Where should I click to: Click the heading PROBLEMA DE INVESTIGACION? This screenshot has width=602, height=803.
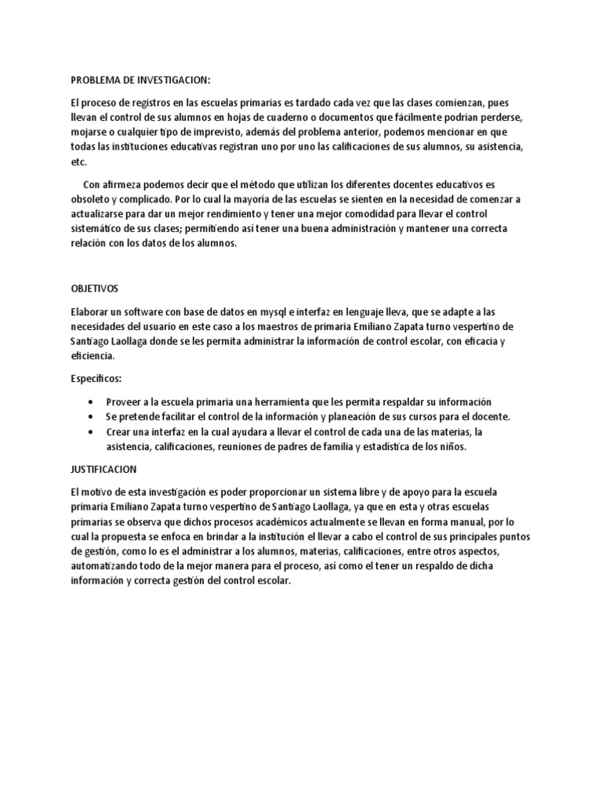coord(141,80)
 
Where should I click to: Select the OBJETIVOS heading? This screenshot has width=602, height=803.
coord(95,289)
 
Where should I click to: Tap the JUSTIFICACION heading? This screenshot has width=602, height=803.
coord(103,469)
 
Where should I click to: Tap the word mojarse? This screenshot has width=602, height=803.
coord(90,133)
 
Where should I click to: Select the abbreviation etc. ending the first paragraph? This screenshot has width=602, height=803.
coord(78,162)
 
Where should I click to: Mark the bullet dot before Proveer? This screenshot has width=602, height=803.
coord(95,401)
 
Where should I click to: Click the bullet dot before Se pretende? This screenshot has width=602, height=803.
coord(95,416)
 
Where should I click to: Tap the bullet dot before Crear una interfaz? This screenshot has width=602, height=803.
coord(95,431)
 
